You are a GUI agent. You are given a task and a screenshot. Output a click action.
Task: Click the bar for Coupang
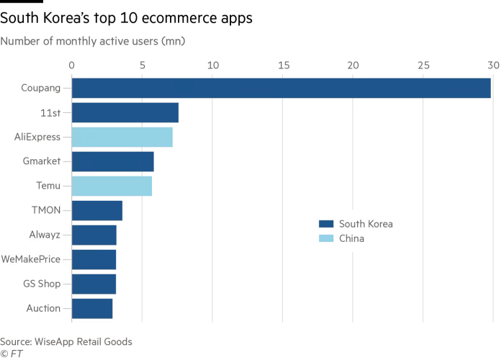pos(281,88)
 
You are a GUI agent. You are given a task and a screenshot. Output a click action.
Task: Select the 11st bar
pos(125,112)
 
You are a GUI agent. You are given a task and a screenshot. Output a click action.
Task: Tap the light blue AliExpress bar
pos(122,137)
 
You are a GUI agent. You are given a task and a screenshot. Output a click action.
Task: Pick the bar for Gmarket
pos(112,161)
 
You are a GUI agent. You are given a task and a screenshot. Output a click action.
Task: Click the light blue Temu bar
pos(112,186)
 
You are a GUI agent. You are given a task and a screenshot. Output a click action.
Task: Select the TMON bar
pos(97,210)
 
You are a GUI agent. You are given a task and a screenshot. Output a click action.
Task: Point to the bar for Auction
pos(92,308)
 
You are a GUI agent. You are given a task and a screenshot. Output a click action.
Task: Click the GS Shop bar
pos(94,284)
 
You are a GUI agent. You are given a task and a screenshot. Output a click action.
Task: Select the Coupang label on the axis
pos(41,88)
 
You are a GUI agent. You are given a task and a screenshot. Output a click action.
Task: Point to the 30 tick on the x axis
pos(492,66)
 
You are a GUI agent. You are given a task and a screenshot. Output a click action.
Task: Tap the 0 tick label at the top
pos(71,66)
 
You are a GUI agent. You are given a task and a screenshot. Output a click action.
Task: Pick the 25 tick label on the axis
pos(423,66)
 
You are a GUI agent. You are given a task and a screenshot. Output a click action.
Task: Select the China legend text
pos(351,238)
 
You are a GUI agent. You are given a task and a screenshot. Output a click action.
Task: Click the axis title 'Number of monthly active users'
pos(93,41)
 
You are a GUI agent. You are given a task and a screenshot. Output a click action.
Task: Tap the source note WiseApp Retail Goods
pos(66,341)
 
